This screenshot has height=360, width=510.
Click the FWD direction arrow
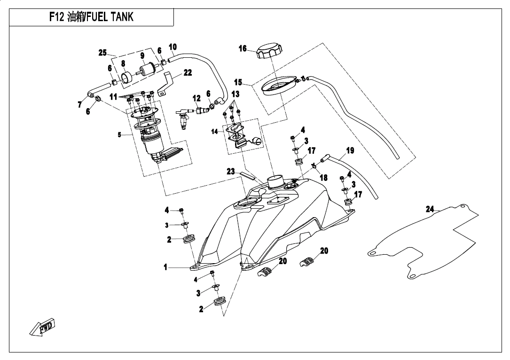42,327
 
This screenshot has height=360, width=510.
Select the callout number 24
430,209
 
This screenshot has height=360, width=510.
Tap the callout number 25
102,53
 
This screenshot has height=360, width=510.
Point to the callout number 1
165,267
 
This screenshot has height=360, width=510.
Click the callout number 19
350,151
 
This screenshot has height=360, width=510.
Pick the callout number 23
230,172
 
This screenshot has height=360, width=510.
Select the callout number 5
120,134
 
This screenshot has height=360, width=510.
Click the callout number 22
188,72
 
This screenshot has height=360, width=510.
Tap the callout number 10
173,47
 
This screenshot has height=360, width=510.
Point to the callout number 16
243,48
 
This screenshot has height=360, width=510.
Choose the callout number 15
238,82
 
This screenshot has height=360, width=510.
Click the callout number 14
215,132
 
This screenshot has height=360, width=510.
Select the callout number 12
196,98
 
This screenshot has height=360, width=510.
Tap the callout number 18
323,178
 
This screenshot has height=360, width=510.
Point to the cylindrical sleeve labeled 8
126,77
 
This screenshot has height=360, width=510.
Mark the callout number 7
80,104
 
